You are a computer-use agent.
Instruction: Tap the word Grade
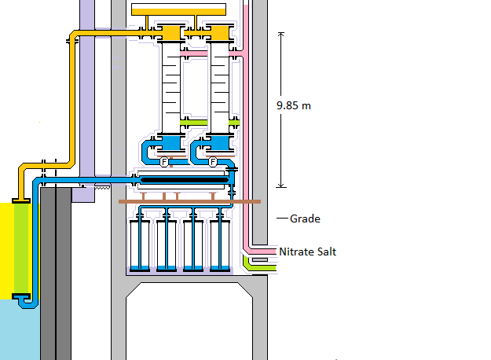point(305,219)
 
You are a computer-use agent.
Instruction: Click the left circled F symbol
point(165,162)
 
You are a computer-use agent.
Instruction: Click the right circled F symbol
point(213,162)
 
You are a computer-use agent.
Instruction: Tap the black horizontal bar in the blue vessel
point(185,180)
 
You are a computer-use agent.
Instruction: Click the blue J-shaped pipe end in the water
point(24,299)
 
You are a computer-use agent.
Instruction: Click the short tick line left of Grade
point(281,218)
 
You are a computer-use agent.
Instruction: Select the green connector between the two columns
point(193,123)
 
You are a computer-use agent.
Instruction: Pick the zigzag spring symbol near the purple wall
point(101,187)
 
